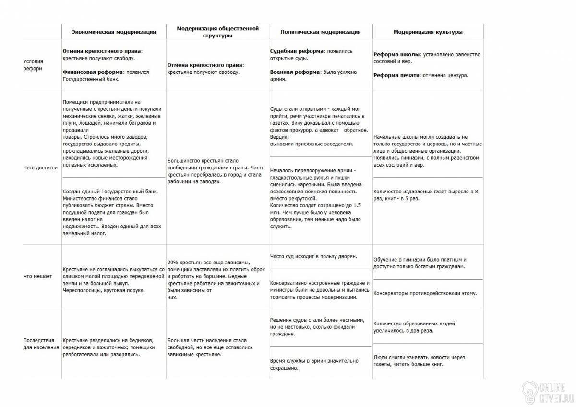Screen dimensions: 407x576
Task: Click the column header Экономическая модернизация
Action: coord(114,32)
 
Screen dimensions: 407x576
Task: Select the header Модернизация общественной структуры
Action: coord(217,32)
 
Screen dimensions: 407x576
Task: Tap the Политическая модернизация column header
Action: coord(321,32)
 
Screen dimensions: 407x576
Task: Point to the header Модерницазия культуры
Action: coord(428,32)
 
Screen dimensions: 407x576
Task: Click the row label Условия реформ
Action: coord(34,65)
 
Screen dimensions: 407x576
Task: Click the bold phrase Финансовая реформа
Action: coord(93,72)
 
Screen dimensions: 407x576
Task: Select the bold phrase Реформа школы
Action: coord(397,54)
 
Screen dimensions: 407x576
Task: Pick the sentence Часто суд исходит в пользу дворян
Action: coord(313,257)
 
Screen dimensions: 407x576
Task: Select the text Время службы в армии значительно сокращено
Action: coord(314,364)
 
